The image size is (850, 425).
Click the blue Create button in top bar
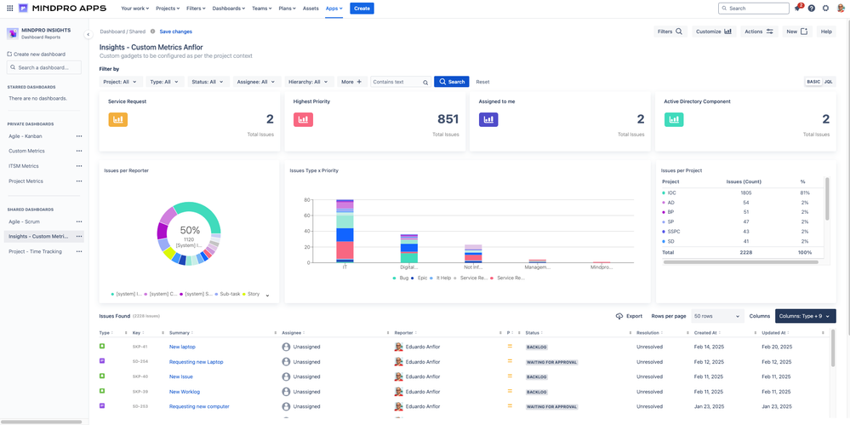[x=362, y=8]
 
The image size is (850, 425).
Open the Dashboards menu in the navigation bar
[x=228, y=8]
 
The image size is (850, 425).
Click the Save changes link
[x=175, y=32]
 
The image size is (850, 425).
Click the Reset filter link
[x=482, y=82]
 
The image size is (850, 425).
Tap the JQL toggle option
[x=829, y=82]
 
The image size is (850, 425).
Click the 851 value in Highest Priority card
[x=448, y=119]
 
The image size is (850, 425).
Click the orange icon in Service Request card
[x=117, y=120]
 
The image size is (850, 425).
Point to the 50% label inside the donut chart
[x=190, y=230]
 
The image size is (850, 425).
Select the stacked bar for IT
[x=345, y=230]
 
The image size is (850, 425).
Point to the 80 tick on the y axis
[x=306, y=200]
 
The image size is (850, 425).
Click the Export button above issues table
[x=629, y=316]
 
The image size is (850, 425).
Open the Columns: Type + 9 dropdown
[x=805, y=316]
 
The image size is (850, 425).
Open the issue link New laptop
[x=182, y=347]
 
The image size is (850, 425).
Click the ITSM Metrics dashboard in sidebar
[x=24, y=166]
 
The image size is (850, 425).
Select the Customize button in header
[x=714, y=32]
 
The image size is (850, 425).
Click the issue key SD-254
[x=140, y=362]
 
